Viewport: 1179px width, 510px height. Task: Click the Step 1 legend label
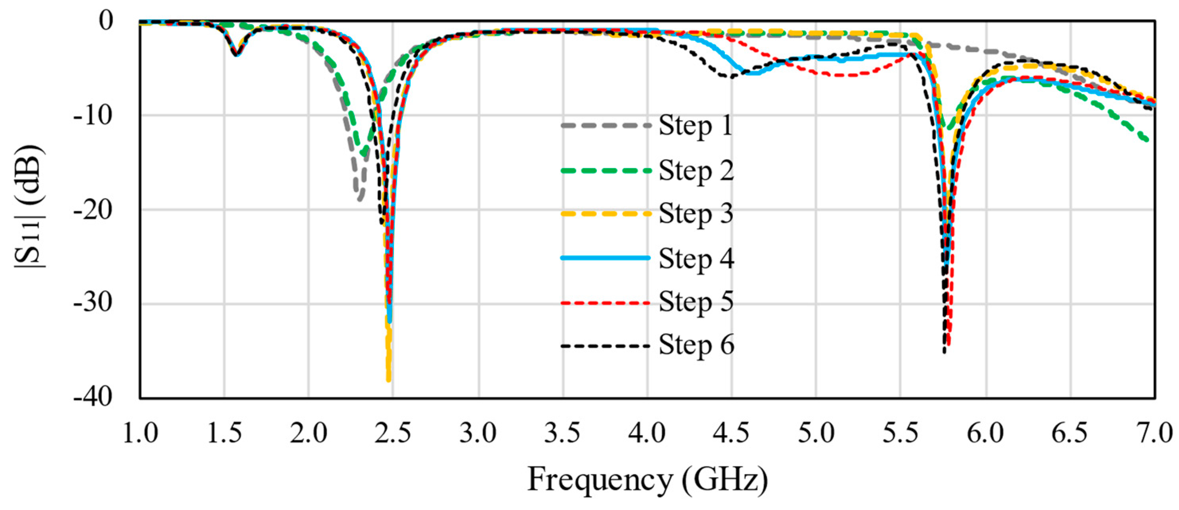pos(696,125)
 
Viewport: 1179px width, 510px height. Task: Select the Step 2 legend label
pos(696,171)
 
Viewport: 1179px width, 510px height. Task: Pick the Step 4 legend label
pos(696,258)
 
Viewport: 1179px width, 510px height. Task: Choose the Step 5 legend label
pos(696,302)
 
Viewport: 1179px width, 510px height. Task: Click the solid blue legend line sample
pos(605,258)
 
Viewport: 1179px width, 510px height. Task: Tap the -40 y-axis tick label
pos(93,397)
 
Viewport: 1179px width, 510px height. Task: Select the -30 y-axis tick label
pos(93,303)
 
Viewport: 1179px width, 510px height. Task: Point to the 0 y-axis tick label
pos(106,21)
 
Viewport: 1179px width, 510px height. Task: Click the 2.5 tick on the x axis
pos(393,432)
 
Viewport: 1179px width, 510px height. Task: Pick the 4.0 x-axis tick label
pos(647,432)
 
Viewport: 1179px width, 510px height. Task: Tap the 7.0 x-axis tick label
pos(1155,432)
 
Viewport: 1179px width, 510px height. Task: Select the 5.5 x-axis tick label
pos(900,432)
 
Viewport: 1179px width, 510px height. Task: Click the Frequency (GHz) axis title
pos(647,479)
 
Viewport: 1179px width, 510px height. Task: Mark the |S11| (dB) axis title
pos(30,207)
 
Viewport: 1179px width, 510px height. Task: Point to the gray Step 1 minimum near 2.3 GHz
pos(360,198)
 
